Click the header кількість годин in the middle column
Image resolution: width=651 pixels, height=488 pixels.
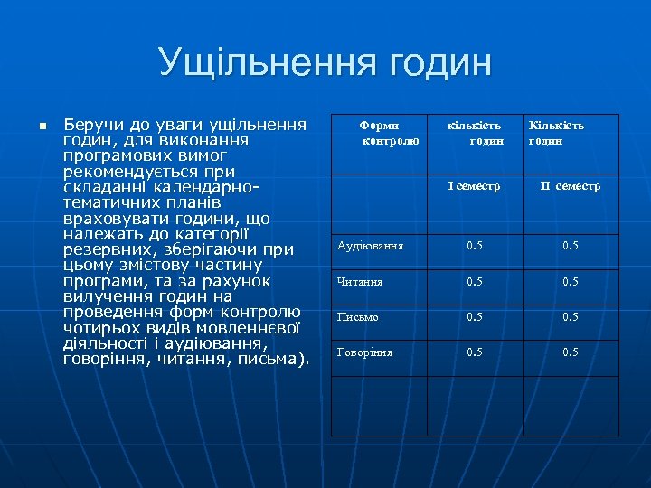coord(475,133)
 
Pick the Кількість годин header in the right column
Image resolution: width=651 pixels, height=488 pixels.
coord(556,133)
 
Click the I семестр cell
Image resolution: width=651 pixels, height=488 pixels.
coord(474,186)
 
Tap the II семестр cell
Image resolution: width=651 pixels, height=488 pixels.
coord(570,186)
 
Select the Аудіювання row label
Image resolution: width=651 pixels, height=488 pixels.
coord(370,246)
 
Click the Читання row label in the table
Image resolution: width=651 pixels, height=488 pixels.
coord(360,282)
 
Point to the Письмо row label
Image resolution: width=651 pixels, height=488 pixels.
coord(358,317)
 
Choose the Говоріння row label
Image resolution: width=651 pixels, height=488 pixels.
coord(364,352)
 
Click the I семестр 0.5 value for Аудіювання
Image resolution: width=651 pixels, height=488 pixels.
coord(474,246)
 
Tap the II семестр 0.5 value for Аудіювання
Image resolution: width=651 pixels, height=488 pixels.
coord(570,246)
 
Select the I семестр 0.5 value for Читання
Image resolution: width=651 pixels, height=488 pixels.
coord(474,282)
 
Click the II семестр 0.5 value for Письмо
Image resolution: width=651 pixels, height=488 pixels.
coord(570,317)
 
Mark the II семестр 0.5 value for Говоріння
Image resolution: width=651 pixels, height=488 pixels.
coord(570,352)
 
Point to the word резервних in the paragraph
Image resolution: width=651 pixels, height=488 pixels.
coord(106,249)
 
